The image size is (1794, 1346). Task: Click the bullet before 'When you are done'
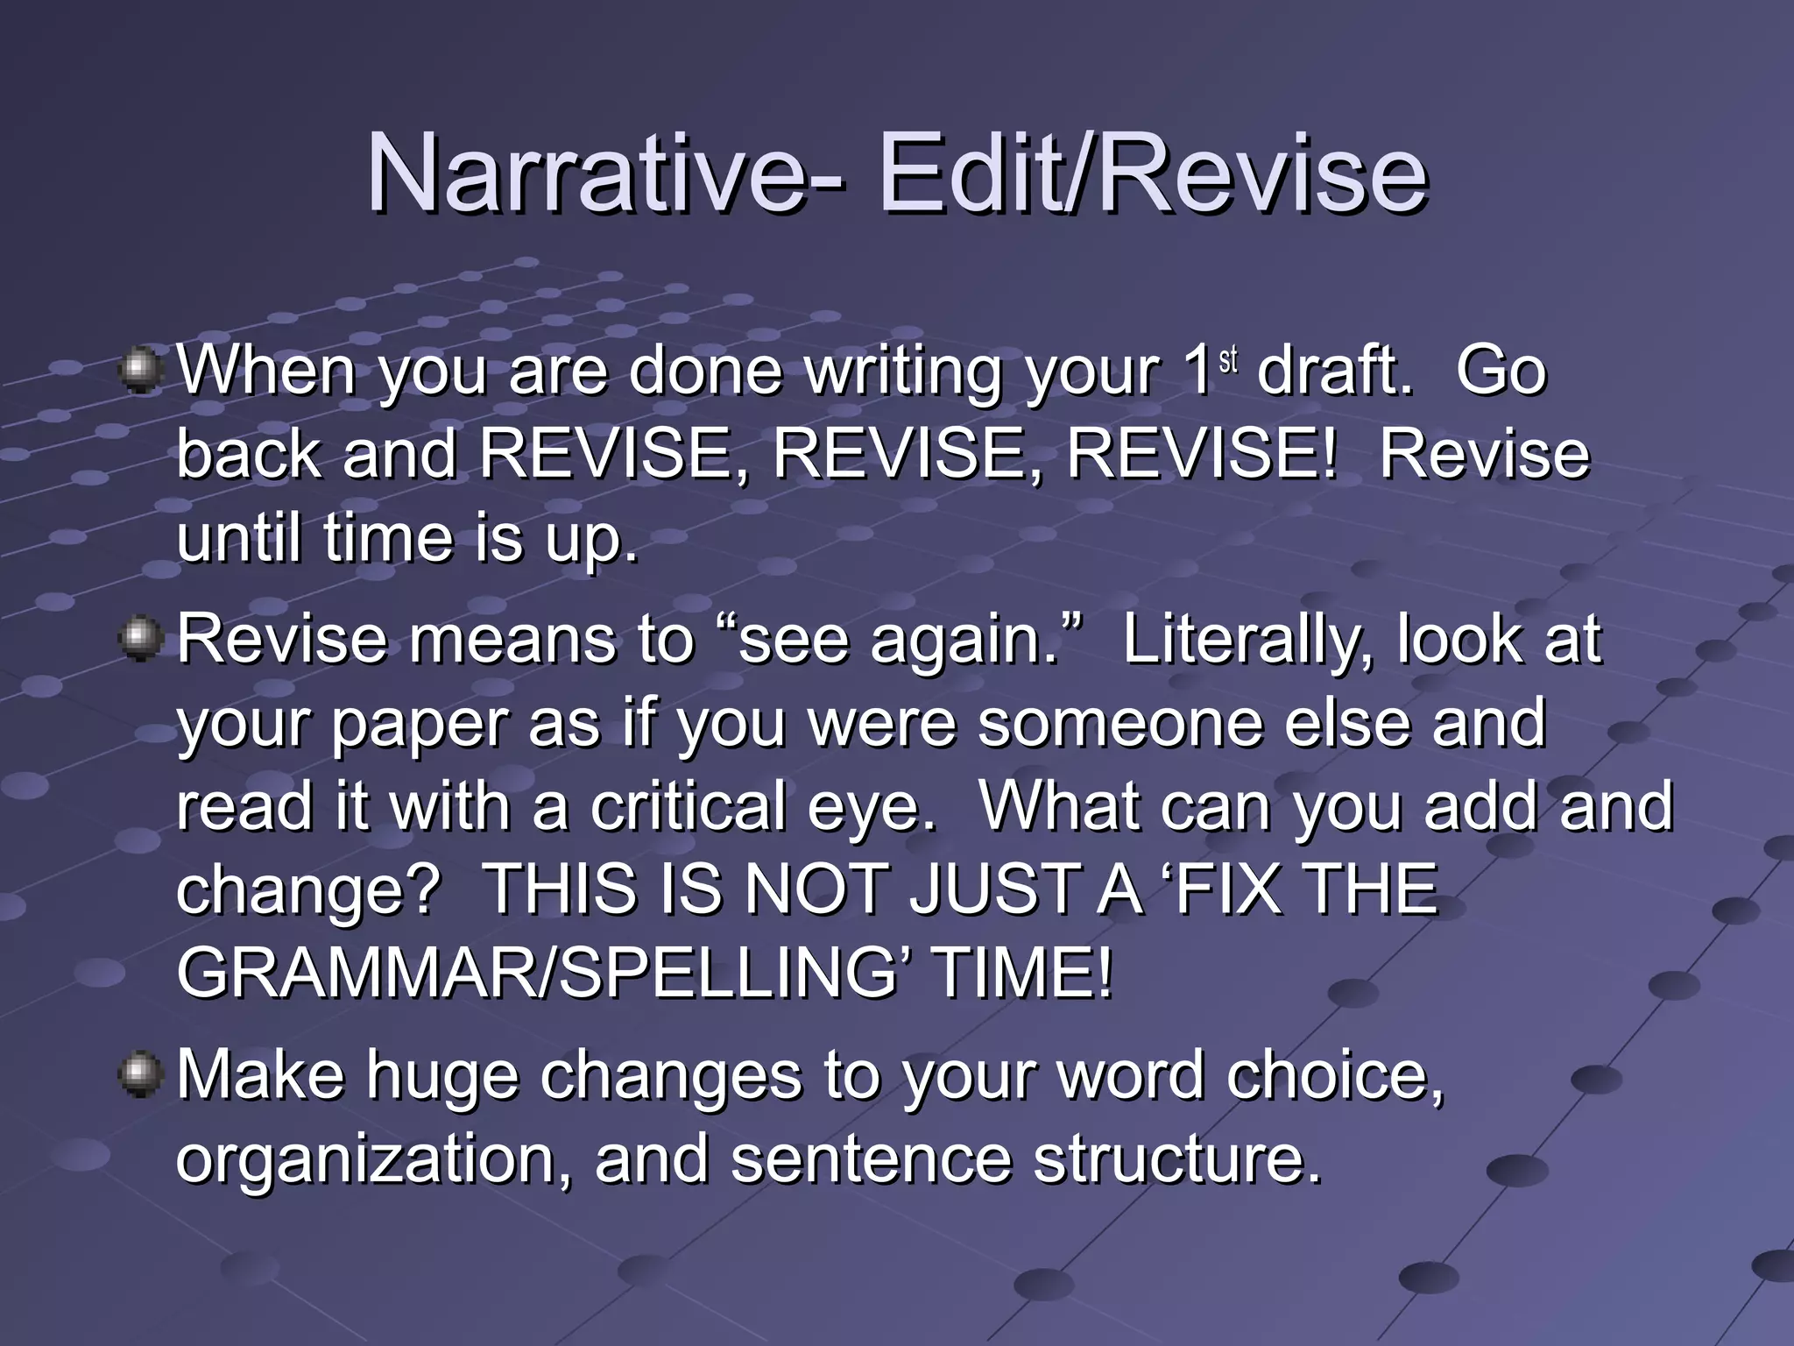coord(140,371)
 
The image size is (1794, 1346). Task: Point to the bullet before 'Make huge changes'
coord(140,1075)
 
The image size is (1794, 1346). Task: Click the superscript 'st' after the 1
coord(1228,359)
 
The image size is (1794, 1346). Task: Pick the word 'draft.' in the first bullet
coord(1335,371)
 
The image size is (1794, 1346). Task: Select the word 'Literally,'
coord(1247,640)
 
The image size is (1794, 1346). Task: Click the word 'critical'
coord(687,806)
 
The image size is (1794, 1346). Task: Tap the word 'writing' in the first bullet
coord(903,372)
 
